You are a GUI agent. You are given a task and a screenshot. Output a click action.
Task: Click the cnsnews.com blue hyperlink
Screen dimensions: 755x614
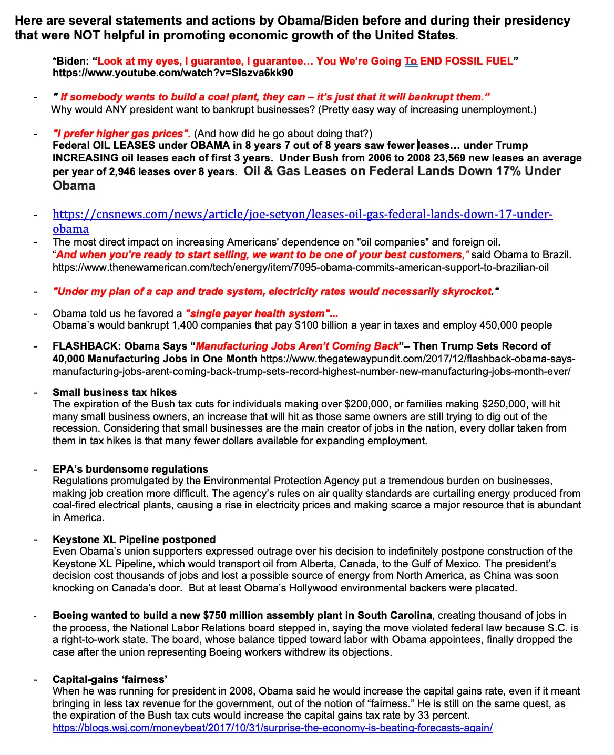(302, 215)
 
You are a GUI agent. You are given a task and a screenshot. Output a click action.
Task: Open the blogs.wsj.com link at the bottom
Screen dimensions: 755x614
(272, 728)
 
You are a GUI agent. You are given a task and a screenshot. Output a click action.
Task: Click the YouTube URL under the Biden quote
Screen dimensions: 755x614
(173, 73)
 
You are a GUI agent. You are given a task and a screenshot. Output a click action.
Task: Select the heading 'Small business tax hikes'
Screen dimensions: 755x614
(115, 392)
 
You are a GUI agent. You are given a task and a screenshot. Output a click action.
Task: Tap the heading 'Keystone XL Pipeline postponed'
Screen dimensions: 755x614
(134, 539)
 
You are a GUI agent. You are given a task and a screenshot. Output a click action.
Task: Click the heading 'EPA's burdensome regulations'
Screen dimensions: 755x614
(130, 469)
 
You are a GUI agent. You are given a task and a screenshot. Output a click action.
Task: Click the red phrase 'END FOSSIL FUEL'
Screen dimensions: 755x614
(466, 61)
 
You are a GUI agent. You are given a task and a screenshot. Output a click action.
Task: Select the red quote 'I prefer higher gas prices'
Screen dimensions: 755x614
(121, 134)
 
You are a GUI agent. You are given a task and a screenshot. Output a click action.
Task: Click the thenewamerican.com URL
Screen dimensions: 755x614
(301, 267)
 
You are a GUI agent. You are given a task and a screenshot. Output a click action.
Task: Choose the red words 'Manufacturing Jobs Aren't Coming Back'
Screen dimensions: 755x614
(297, 346)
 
